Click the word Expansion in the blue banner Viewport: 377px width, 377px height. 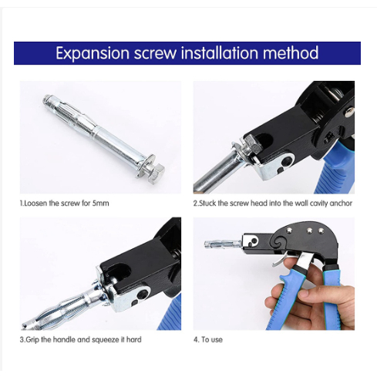coord(93,53)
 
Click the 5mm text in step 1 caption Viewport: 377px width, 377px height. coord(100,204)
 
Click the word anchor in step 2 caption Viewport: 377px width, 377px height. coord(341,204)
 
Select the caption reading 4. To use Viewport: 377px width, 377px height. coord(208,340)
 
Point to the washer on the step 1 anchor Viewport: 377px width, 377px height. coord(146,164)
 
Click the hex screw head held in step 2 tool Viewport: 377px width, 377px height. coord(252,145)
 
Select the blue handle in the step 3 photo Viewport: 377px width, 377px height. coord(170,314)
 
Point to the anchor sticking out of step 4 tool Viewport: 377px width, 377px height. coord(223,244)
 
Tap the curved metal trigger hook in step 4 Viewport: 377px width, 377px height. coord(282,259)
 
